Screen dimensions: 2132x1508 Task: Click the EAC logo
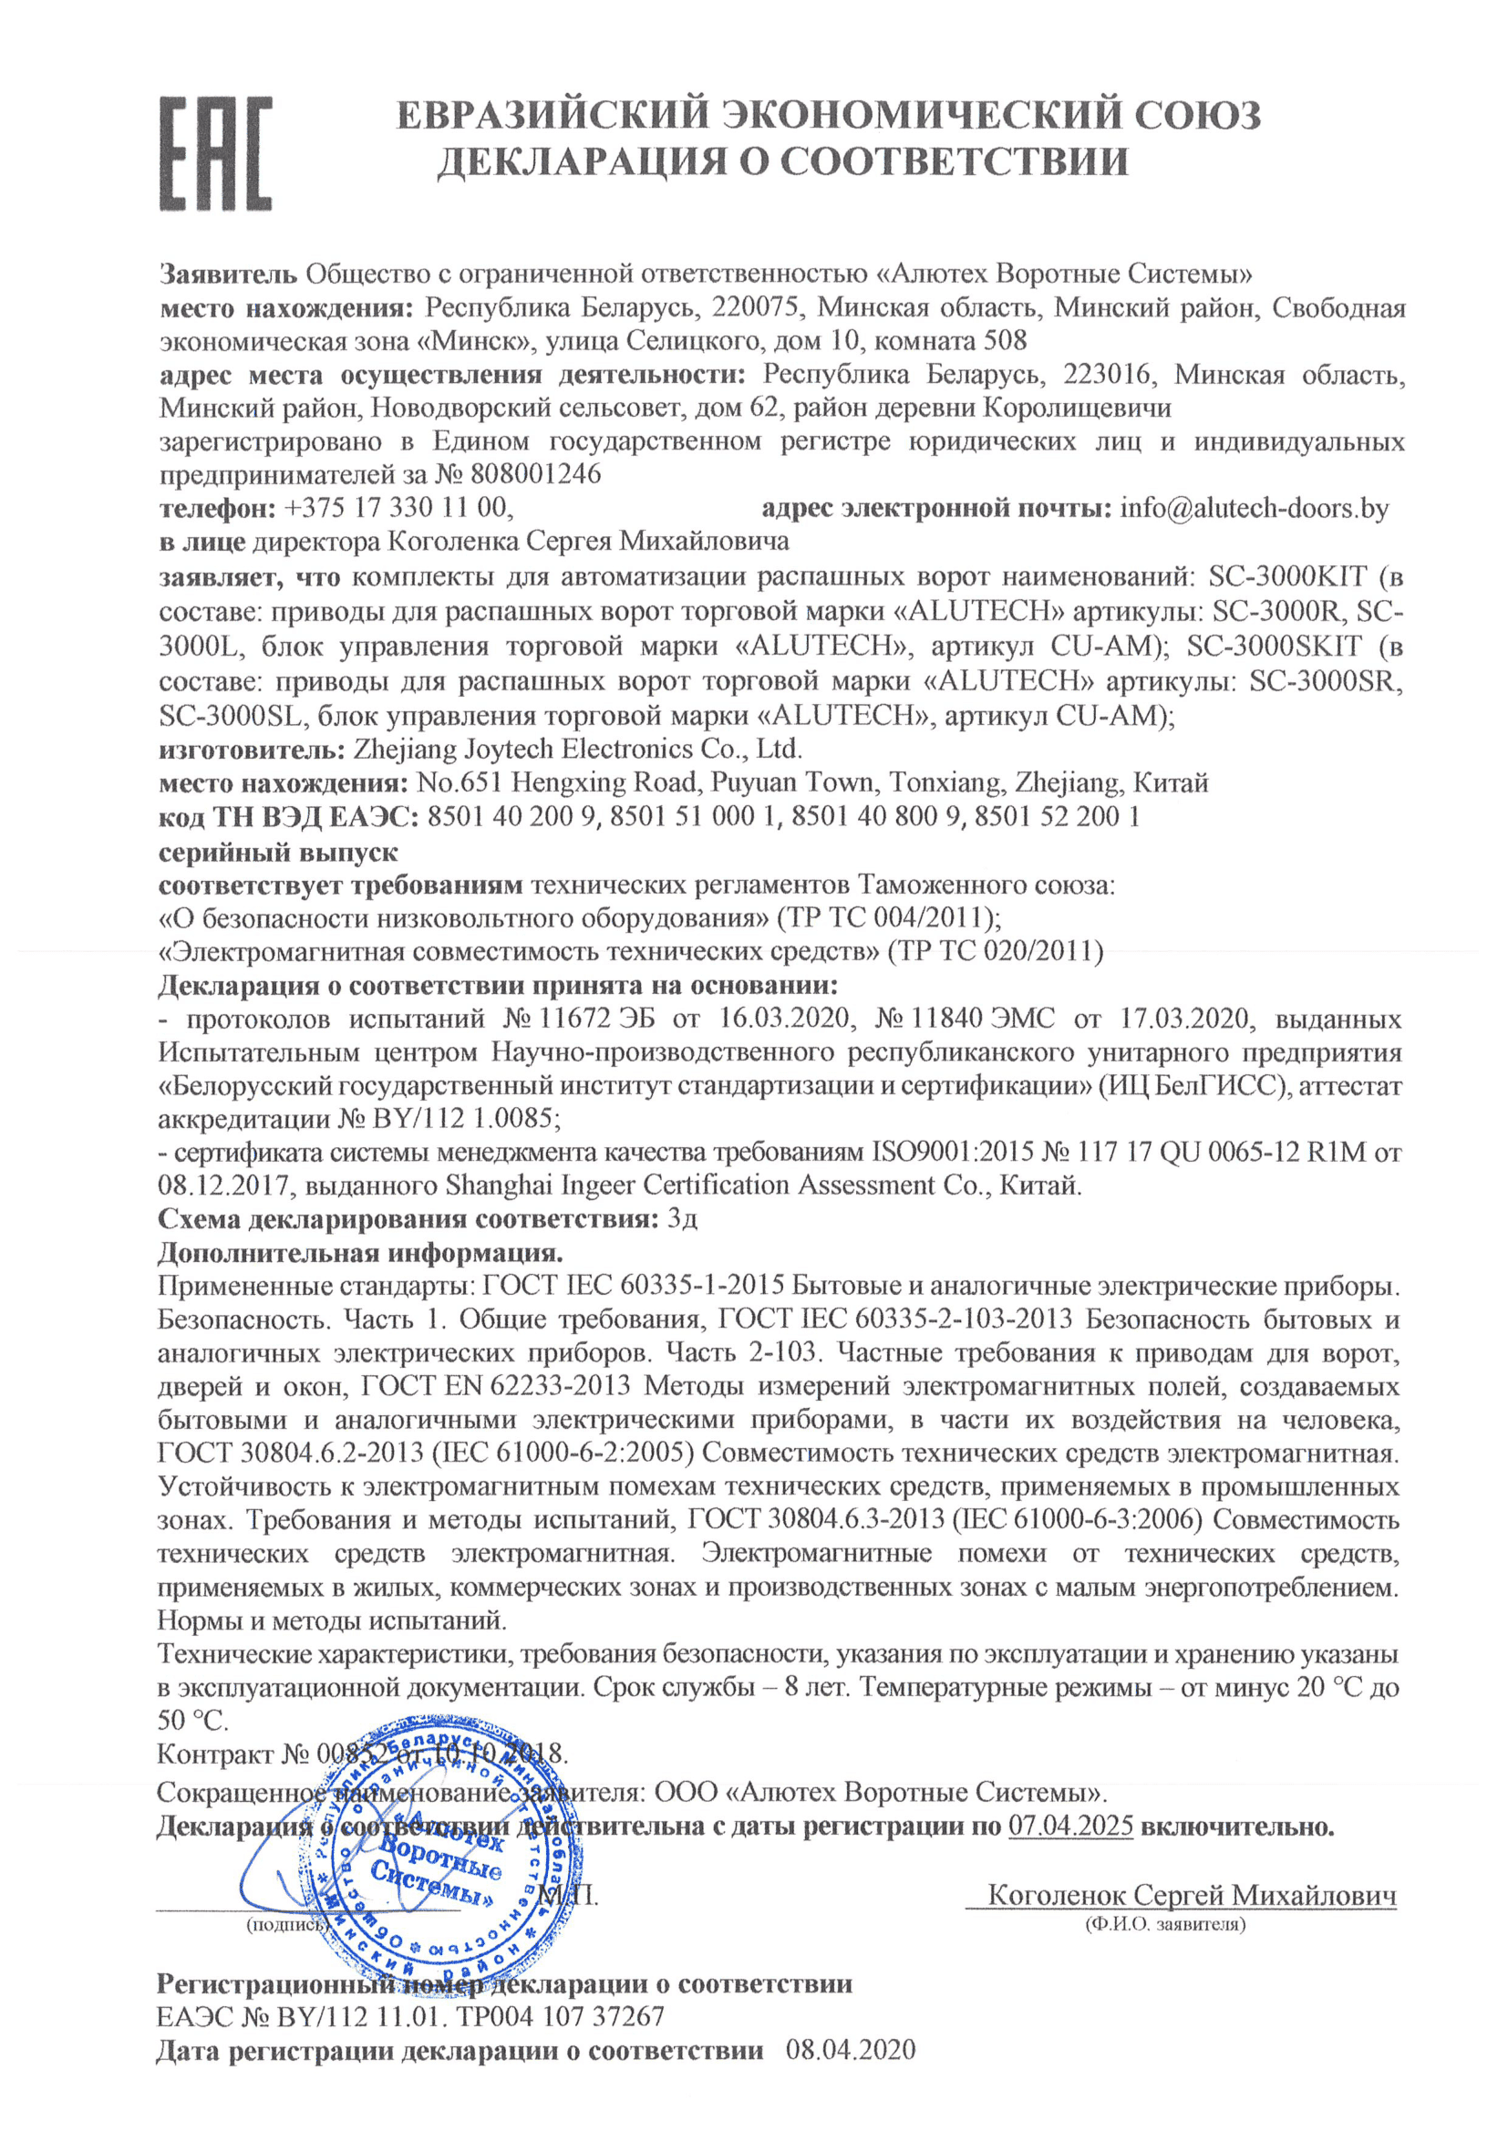point(215,153)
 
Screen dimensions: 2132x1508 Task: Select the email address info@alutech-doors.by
point(1254,508)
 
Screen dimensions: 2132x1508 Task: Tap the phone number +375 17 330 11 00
point(398,508)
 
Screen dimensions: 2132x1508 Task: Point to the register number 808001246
point(536,474)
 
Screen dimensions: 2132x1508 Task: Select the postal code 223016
point(1108,374)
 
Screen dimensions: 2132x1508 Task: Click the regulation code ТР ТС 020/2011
point(995,952)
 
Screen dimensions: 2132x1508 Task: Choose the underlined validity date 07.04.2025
point(1070,1827)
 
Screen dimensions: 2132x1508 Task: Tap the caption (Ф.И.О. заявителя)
point(1165,1925)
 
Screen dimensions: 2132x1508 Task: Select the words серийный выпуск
point(278,852)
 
